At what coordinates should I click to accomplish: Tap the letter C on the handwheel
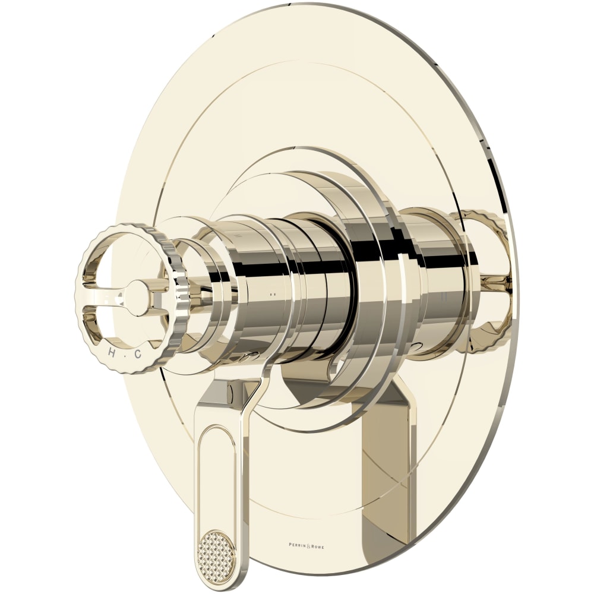point(137,354)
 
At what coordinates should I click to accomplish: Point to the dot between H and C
point(125,354)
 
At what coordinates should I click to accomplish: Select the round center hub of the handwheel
point(137,296)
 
